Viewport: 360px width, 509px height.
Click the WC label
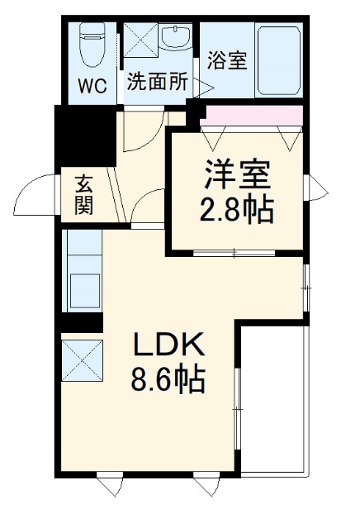pyautogui.click(x=93, y=86)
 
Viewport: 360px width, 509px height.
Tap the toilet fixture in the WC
pyautogui.click(x=92, y=45)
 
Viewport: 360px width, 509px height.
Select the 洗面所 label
pyautogui.click(x=159, y=83)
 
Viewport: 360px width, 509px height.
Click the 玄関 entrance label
pyautogui.click(x=83, y=194)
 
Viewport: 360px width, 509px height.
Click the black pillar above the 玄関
pyautogui.click(x=83, y=139)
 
